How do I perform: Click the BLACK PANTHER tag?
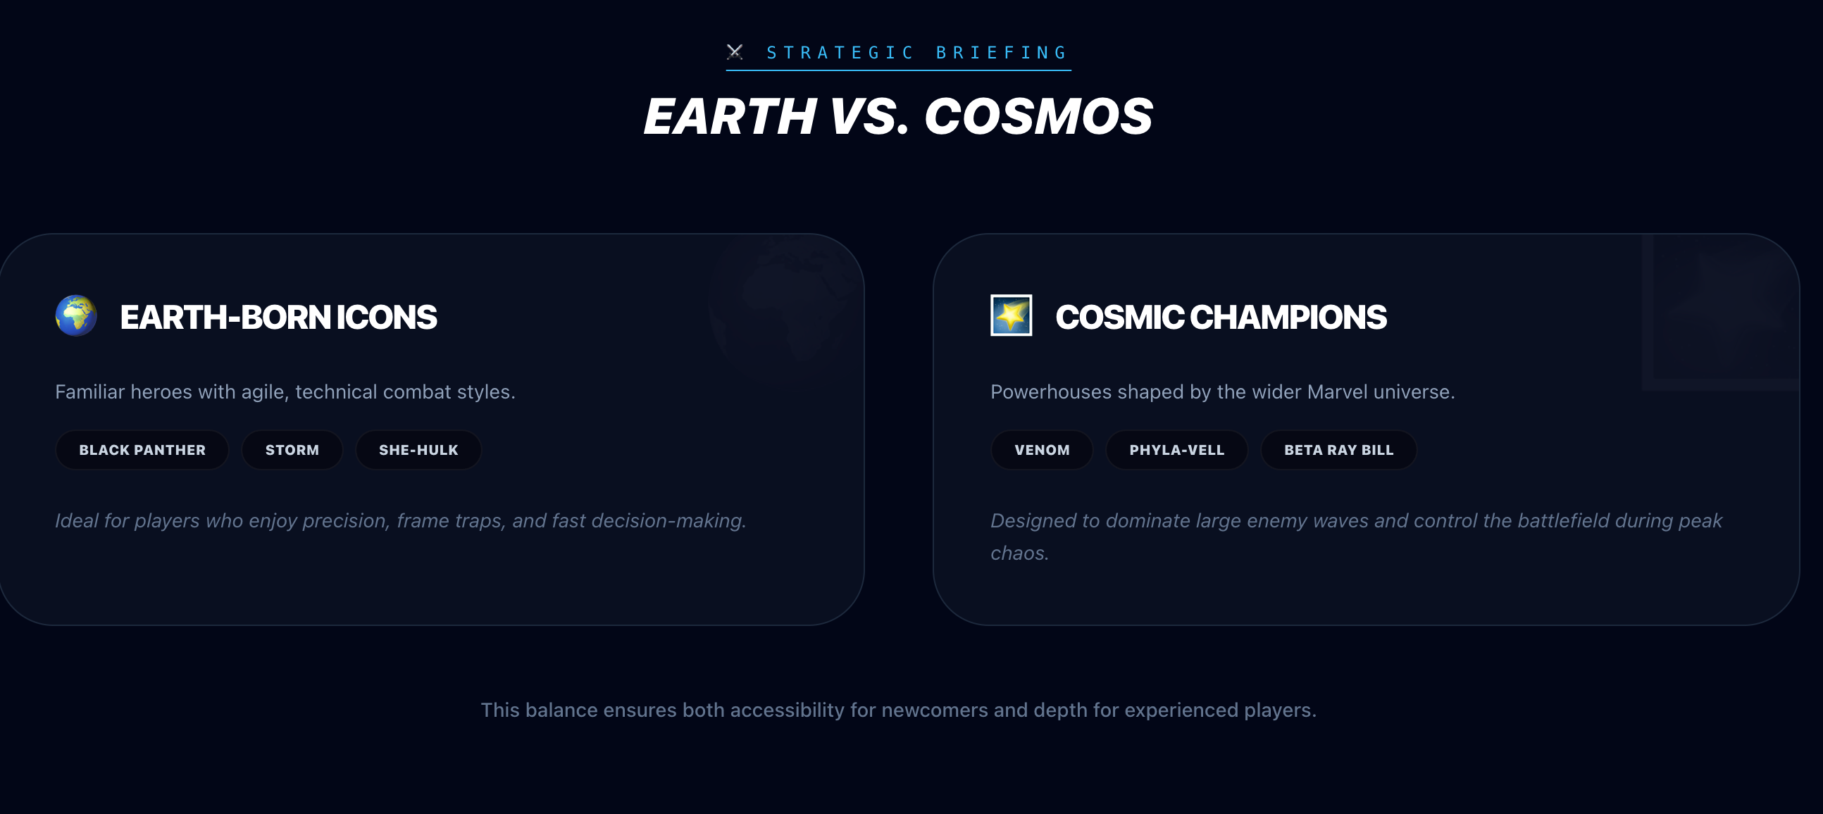(142, 450)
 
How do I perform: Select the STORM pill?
(292, 450)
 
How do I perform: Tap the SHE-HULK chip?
(418, 450)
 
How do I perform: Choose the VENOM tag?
(1042, 450)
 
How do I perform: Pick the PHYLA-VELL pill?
(1176, 450)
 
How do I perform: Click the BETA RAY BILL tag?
(1338, 450)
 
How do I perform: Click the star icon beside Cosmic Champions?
(1011, 315)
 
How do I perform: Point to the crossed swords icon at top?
(735, 51)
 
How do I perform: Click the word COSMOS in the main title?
(1038, 117)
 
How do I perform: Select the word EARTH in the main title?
(730, 117)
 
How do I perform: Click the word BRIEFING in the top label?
(1002, 53)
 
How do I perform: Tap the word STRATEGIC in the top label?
(841, 53)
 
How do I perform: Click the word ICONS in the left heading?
(387, 318)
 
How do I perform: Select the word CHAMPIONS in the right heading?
(1288, 318)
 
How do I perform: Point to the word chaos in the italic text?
(1018, 553)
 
